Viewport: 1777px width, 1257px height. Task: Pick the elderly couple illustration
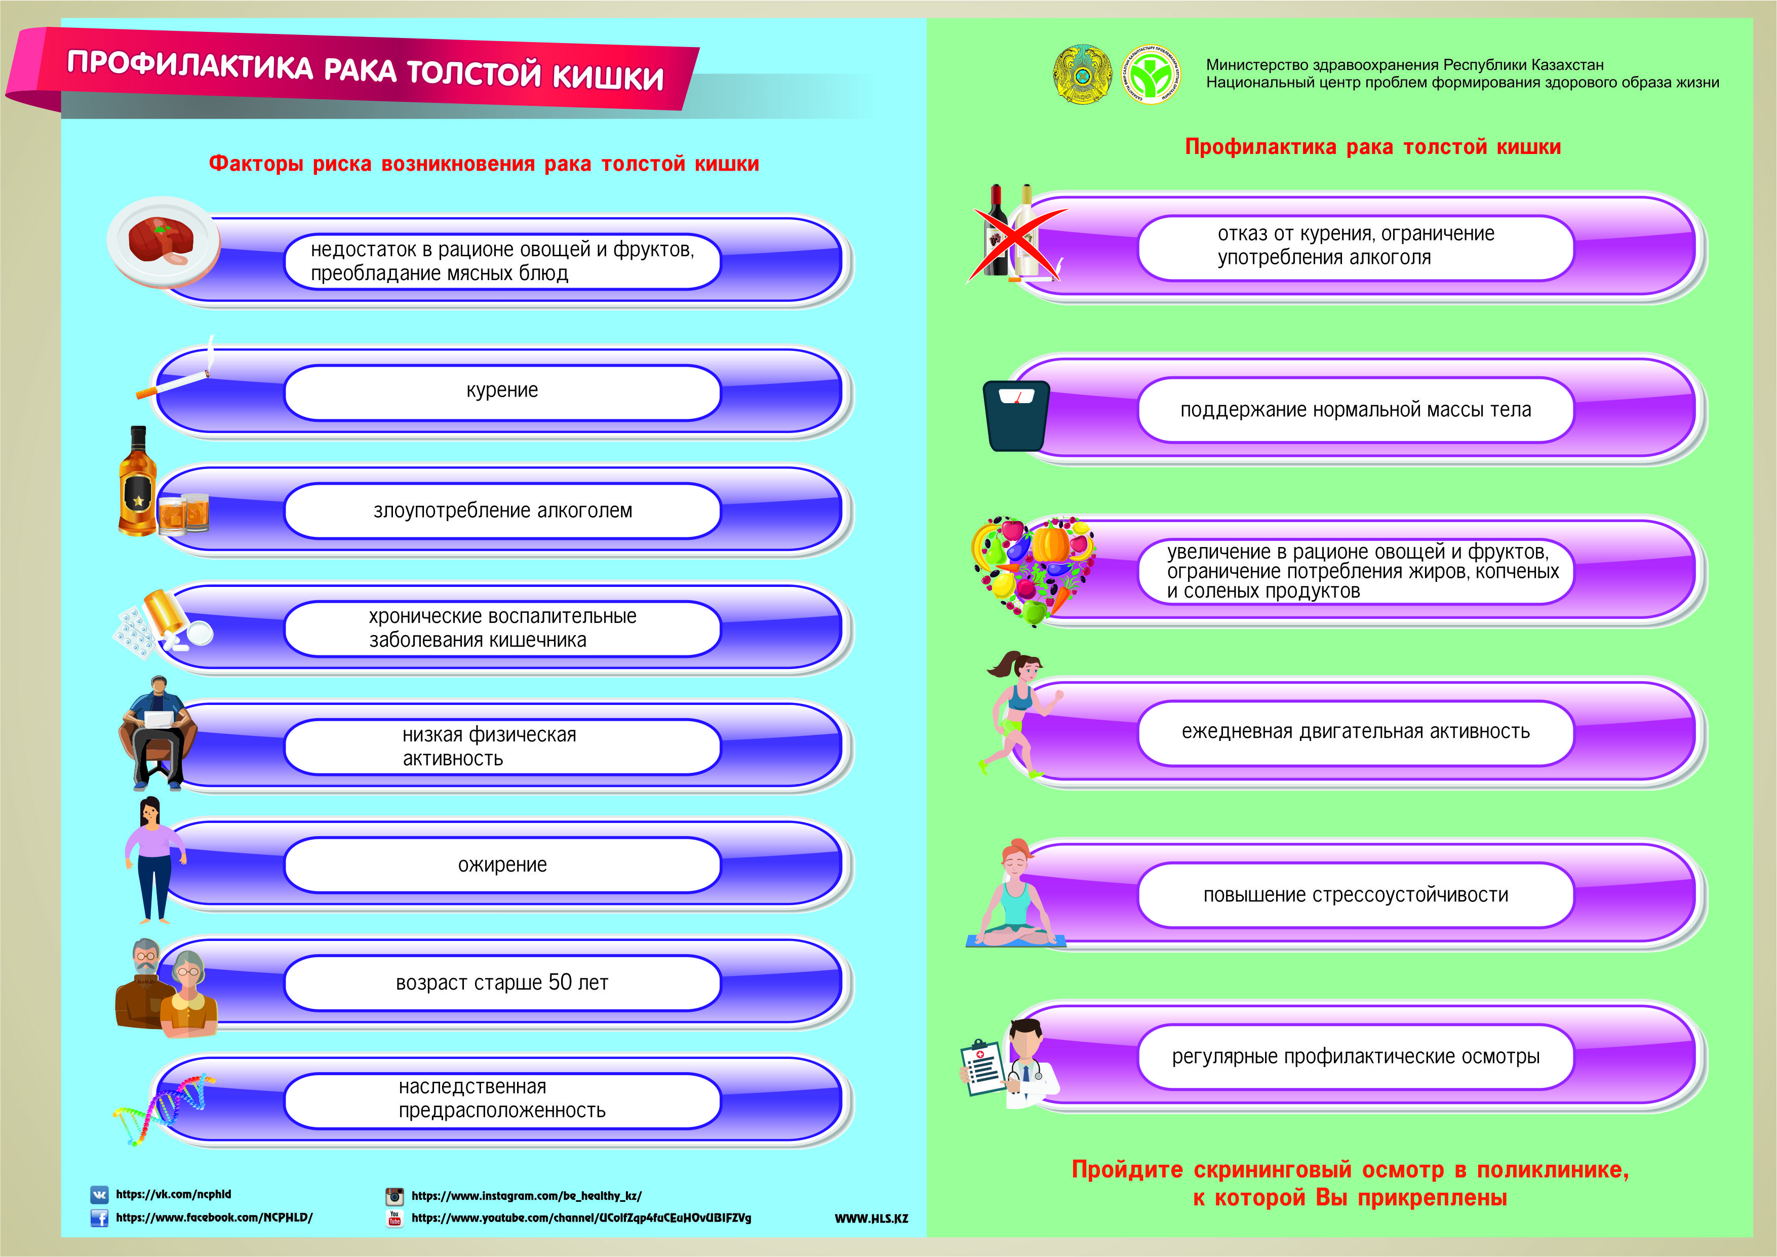[166, 989]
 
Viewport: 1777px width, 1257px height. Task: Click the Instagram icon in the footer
[394, 1196]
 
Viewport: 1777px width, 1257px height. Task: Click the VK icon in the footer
[99, 1194]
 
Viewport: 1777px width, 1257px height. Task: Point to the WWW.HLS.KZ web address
[871, 1219]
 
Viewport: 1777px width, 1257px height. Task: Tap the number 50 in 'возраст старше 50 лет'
[560, 982]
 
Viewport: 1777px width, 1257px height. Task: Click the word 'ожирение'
[502, 865]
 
